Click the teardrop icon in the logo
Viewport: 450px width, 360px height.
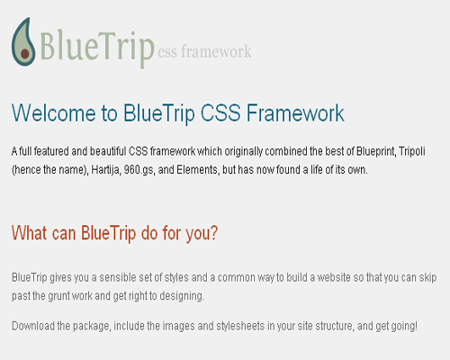click(23, 42)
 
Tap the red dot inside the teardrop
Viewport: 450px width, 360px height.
click(25, 54)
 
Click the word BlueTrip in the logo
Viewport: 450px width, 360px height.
click(97, 47)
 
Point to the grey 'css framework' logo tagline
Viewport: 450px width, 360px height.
click(204, 51)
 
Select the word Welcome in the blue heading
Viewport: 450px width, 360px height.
click(54, 113)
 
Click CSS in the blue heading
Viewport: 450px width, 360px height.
click(220, 113)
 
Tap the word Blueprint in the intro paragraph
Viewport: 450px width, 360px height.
click(376, 151)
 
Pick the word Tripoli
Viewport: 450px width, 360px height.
click(412, 151)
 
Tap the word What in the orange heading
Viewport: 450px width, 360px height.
click(30, 233)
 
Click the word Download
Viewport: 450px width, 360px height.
click(33, 326)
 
